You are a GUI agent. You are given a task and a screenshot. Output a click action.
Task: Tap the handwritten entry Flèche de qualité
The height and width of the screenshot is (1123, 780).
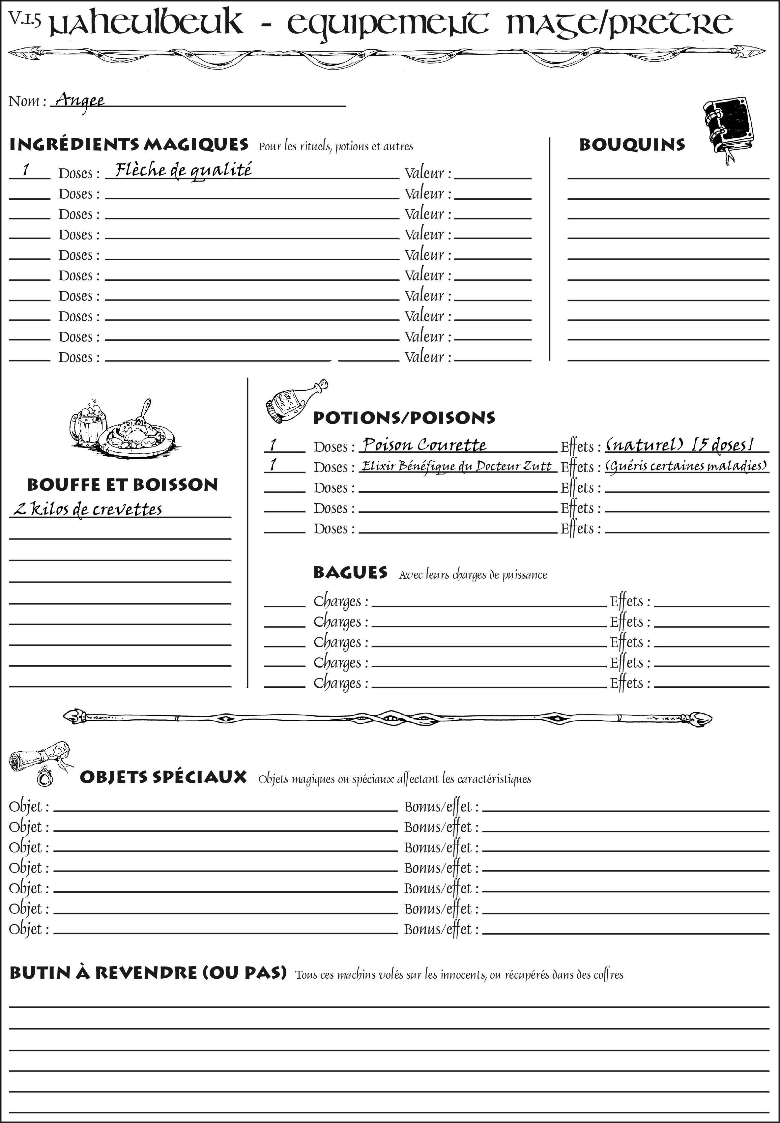pos(183,170)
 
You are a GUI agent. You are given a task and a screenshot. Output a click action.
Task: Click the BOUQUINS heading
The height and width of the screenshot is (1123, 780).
pos(632,145)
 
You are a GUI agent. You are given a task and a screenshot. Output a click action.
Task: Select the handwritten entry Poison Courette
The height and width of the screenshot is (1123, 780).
pos(424,445)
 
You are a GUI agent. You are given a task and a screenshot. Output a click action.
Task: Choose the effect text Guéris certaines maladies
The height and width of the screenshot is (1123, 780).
pos(686,466)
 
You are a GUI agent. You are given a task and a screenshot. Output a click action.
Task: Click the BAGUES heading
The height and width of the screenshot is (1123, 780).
pos(350,572)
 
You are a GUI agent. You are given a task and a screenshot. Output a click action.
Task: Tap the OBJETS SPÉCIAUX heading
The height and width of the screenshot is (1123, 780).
pos(163,777)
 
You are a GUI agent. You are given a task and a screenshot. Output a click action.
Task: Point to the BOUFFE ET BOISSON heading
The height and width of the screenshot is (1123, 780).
pos(122,485)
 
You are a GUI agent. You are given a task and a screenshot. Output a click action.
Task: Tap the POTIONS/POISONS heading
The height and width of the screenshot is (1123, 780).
pos(404,418)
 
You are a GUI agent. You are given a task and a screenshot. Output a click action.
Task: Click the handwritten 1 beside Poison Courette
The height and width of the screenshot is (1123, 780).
pos(273,445)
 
